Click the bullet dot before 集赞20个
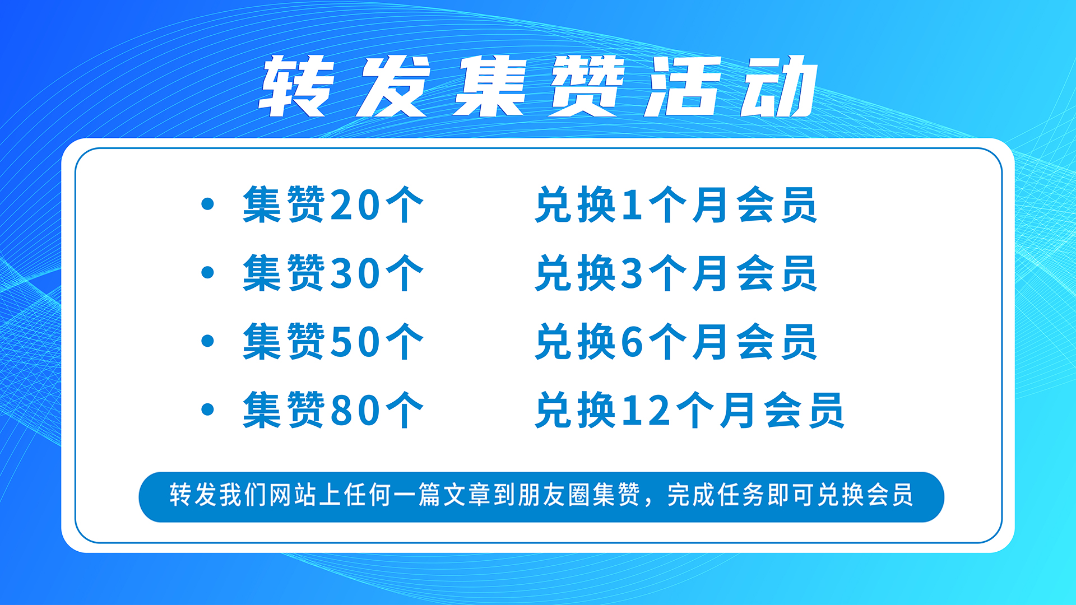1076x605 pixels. (207, 204)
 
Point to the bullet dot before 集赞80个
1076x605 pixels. (207, 409)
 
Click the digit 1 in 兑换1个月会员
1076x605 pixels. (632, 204)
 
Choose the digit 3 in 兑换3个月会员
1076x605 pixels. (632, 273)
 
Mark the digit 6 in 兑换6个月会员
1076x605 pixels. (632, 342)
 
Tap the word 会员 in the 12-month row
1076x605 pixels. (804, 410)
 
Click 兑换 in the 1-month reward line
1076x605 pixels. (576, 205)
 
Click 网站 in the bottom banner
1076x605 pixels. (293, 495)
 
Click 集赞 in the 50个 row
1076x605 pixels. (284, 342)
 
